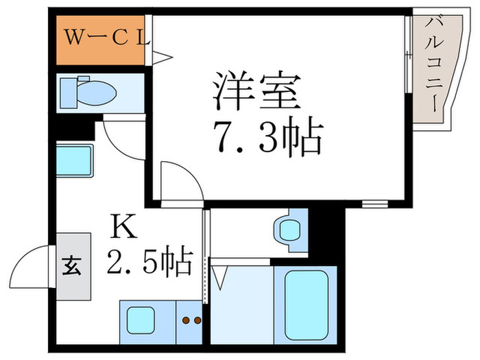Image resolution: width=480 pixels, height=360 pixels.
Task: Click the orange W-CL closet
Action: pyautogui.click(x=100, y=40)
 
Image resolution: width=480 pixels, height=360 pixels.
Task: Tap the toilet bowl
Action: pyautogui.click(x=97, y=93)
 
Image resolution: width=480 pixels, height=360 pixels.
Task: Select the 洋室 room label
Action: pyautogui.click(x=256, y=91)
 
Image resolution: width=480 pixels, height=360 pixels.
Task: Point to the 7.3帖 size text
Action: pyautogui.click(x=267, y=137)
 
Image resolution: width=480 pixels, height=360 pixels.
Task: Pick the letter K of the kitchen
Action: pyautogui.click(x=124, y=226)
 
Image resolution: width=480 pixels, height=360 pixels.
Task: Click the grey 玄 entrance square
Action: pyautogui.click(x=73, y=266)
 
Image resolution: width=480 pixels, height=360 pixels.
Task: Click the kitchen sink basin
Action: pyautogui.click(x=141, y=320)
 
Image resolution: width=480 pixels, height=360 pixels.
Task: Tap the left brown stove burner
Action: pyautogui.click(x=186, y=320)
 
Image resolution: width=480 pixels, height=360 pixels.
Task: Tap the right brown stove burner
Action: pyautogui.click(x=197, y=320)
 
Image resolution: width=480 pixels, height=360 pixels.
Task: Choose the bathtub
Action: pyautogui.click(x=306, y=305)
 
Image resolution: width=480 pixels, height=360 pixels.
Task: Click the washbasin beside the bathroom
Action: pyautogui.click(x=289, y=230)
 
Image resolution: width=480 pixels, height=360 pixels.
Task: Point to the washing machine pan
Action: pyautogui.click(x=75, y=160)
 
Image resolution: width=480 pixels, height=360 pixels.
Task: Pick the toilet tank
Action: pyautogui.click(x=69, y=93)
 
